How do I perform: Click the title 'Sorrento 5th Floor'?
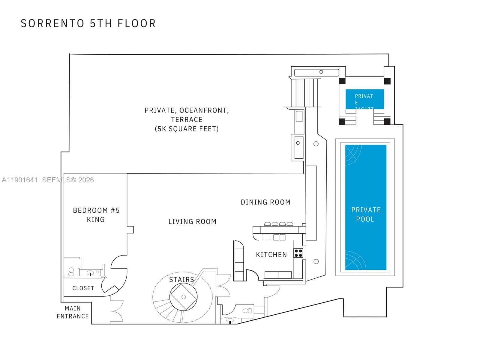(x=88, y=23)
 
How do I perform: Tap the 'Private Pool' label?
(x=366, y=214)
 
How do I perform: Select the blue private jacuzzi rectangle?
(x=364, y=99)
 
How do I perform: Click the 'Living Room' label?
(x=192, y=222)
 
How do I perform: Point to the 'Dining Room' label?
(x=265, y=202)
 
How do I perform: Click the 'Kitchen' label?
(x=271, y=255)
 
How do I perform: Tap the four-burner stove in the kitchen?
(x=298, y=253)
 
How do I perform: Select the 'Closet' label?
(x=83, y=288)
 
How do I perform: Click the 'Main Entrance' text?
(x=73, y=312)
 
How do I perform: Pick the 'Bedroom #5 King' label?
(x=96, y=215)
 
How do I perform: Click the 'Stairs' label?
(x=181, y=280)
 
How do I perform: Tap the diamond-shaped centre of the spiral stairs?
(x=184, y=297)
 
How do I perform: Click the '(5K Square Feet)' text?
(x=187, y=129)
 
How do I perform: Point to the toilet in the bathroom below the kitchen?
(x=247, y=310)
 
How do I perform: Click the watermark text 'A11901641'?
(x=20, y=180)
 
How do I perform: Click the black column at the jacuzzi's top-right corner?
(x=387, y=81)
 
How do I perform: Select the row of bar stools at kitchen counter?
(x=278, y=224)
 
